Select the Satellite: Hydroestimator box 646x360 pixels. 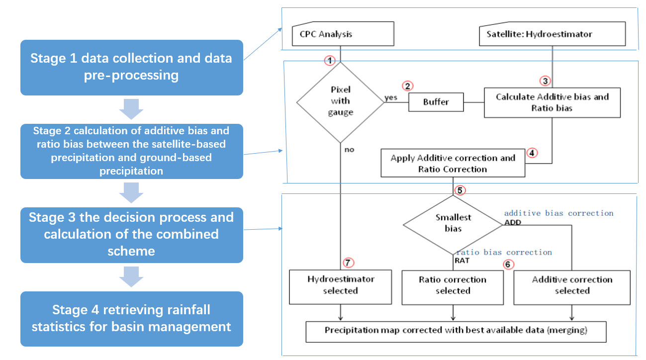pyautogui.click(x=552, y=34)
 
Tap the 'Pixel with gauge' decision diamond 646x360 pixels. pyautogui.click(x=340, y=101)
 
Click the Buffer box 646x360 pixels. pyautogui.click(x=436, y=102)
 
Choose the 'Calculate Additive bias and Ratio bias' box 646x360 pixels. pyautogui.click(x=552, y=102)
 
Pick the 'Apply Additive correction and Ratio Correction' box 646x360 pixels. pyautogui.click(x=453, y=164)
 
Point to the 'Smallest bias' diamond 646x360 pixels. pyautogui.click(x=453, y=223)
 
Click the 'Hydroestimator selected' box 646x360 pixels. pyautogui.click(x=341, y=285)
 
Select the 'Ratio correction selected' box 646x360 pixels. pyautogui.click(x=453, y=285)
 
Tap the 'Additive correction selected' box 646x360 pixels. pyautogui.click(x=572, y=285)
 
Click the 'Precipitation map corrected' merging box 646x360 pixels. pyautogui.click(x=456, y=331)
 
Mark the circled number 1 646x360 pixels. pyautogui.click(x=330, y=61)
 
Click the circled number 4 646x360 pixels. pyautogui.click(x=532, y=153)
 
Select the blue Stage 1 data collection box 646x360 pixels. pyautogui.click(x=131, y=67)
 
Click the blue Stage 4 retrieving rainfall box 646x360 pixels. pyautogui.click(x=131, y=318)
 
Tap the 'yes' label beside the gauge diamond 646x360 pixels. pyautogui.click(x=391, y=98)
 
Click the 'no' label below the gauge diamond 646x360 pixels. pyautogui.click(x=349, y=149)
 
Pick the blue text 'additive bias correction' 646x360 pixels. pyautogui.click(x=558, y=213)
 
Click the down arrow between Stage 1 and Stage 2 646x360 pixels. pyautogui.click(x=131, y=109)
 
